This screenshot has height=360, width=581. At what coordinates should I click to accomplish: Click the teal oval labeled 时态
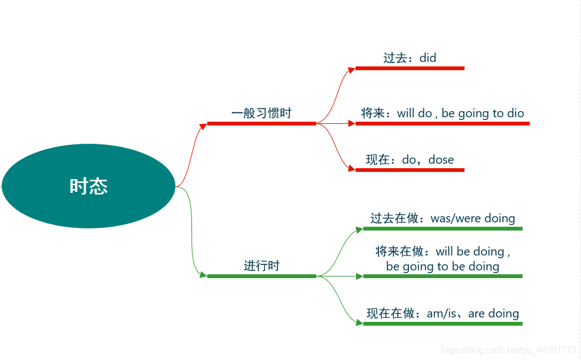89,186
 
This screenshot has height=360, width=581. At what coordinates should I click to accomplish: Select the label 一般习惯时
261,113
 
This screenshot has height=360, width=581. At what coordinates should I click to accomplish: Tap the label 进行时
262,266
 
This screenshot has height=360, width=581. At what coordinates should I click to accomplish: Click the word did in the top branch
428,58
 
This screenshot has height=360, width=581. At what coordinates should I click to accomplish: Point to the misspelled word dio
515,113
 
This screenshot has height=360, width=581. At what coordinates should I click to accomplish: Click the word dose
441,160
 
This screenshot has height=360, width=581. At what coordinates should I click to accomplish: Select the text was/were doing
473,218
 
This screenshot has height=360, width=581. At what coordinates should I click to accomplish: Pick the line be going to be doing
443,267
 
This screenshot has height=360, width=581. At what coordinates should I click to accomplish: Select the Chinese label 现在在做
391,314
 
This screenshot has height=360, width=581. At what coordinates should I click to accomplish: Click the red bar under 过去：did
409,68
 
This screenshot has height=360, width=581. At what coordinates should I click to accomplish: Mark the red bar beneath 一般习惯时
261,123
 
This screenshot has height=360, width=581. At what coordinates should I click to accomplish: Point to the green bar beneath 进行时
261,276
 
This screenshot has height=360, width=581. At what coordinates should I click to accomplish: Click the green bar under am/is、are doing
443,324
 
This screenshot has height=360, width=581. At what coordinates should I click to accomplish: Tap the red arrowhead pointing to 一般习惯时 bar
203,124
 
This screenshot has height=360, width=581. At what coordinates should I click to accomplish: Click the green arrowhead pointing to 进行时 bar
203,275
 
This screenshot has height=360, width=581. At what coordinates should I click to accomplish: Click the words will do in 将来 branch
414,113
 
